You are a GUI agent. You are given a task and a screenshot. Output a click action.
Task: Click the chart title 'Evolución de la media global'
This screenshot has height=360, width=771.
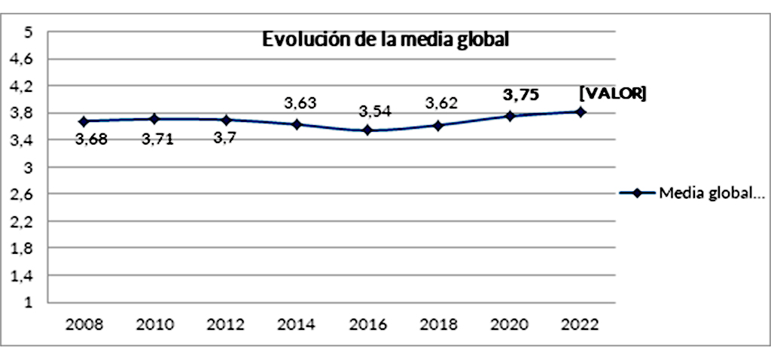(386, 40)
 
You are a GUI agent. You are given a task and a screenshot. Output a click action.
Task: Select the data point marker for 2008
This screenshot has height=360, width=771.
(84, 121)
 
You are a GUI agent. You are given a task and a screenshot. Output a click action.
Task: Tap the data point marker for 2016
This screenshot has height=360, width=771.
(367, 130)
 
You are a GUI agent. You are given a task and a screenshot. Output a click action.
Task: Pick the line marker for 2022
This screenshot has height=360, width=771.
(581, 112)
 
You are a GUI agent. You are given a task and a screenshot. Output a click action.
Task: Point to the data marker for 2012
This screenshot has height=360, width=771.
(226, 120)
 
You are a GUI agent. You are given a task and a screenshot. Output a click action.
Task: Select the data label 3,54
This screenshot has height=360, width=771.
(373, 112)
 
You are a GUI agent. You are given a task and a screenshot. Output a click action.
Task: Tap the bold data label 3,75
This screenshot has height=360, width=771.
(521, 94)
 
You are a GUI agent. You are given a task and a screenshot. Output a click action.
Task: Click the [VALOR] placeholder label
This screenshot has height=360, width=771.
(612, 93)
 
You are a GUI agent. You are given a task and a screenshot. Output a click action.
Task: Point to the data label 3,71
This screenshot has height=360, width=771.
(157, 139)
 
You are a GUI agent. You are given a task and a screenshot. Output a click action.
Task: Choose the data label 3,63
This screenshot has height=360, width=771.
(300, 103)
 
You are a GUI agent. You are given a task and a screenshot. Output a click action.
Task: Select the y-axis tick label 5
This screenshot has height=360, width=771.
(29, 32)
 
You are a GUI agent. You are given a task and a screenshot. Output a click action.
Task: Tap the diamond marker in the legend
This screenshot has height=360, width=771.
(637, 193)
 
